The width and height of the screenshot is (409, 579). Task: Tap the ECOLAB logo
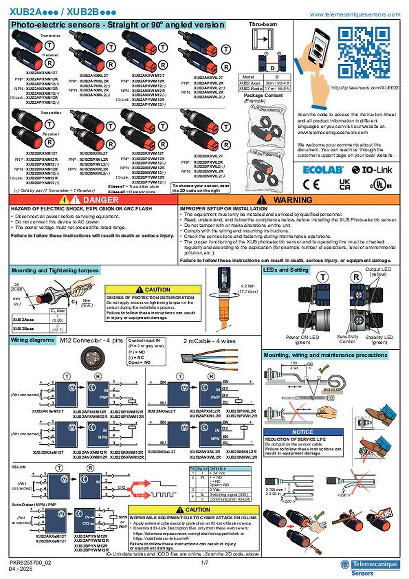(323, 169)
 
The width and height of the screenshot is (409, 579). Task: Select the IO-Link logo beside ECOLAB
(373, 169)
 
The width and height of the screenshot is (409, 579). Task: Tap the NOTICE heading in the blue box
(303, 432)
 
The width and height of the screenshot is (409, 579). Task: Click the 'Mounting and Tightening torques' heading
(55, 271)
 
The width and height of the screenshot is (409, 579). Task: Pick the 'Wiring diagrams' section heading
(32, 340)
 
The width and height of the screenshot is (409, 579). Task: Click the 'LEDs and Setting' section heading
(286, 270)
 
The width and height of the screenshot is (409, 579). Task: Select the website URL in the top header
(354, 14)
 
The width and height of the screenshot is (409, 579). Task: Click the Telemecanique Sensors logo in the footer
(369, 566)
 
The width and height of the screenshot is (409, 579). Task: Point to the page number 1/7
(204, 563)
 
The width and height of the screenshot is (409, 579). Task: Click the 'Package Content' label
(260, 96)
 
